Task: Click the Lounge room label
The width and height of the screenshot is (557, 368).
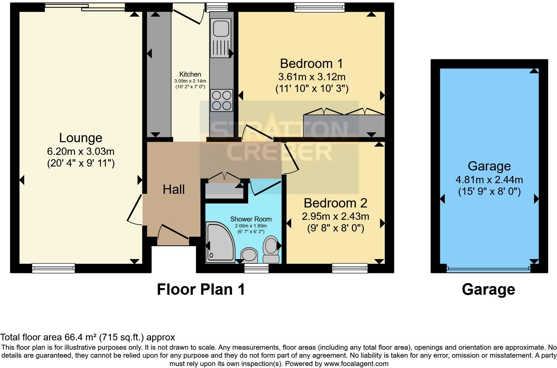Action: [x=81, y=138]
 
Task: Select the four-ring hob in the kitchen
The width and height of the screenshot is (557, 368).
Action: [x=222, y=100]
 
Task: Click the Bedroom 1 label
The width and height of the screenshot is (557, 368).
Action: [x=311, y=64]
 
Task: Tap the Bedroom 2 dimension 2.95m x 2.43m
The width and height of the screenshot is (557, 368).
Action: [x=335, y=216]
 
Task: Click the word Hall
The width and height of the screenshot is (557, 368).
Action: [x=174, y=189]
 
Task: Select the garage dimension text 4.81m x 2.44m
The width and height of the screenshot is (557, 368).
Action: [x=489, y=180]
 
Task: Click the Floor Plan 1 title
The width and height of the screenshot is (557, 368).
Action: [x=201, y=290]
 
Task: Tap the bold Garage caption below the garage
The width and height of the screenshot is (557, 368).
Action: [x=488, y=290]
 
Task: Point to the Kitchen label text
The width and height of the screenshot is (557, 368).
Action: [x=190, y=74]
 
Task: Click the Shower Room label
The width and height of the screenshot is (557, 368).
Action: [x=251, y=219]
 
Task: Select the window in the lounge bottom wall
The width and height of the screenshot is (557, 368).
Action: [x=53, y=268]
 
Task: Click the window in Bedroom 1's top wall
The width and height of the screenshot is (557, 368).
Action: [x=319, y=7]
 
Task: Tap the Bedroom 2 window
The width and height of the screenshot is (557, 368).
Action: [x=350, y=268]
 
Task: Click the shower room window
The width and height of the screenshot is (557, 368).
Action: [x=257, y=268]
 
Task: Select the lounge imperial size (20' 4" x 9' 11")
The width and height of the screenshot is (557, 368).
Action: [x=81, y=164]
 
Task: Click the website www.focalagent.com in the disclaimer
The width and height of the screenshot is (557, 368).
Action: [x=356, y=364]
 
